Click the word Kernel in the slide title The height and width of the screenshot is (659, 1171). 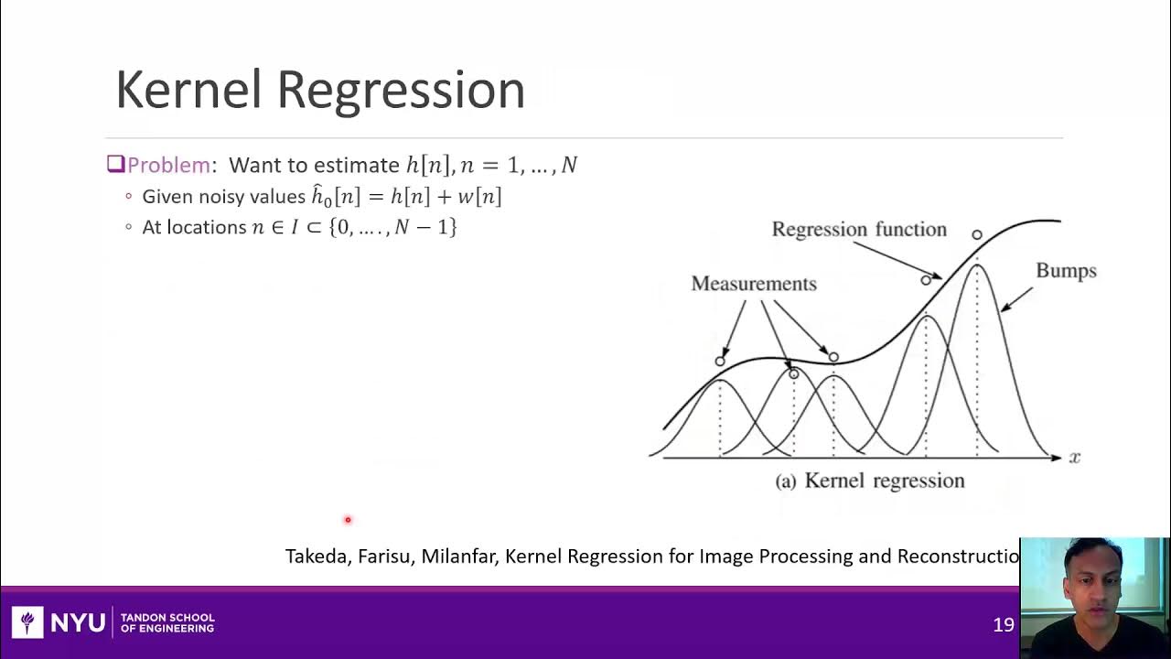click(190, 90)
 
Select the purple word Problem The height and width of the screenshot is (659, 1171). click(168, 165)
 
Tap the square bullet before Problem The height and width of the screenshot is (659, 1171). click(115, 164)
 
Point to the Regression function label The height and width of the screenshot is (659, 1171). click(858, 229)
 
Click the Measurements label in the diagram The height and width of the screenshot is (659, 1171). click(753, 284)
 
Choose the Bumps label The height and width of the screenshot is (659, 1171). click(1066, 271)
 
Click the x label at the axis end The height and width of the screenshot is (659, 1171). click(1074, 457)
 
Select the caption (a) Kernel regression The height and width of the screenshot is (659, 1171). click(869, 481)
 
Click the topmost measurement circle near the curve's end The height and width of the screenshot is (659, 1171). click(977, 235)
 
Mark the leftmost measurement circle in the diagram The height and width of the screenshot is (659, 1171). click(720, 362)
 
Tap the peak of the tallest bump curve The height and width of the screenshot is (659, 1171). click(977, 265)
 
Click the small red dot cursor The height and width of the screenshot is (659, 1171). click(348, 520)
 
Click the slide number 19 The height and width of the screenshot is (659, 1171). click(1004, 624)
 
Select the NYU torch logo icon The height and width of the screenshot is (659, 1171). click(27, 622)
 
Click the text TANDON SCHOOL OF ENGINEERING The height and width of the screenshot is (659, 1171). click(167, 623)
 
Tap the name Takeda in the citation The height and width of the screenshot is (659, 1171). click(317, 556)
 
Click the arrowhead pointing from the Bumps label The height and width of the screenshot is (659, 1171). click(1004, 308)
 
